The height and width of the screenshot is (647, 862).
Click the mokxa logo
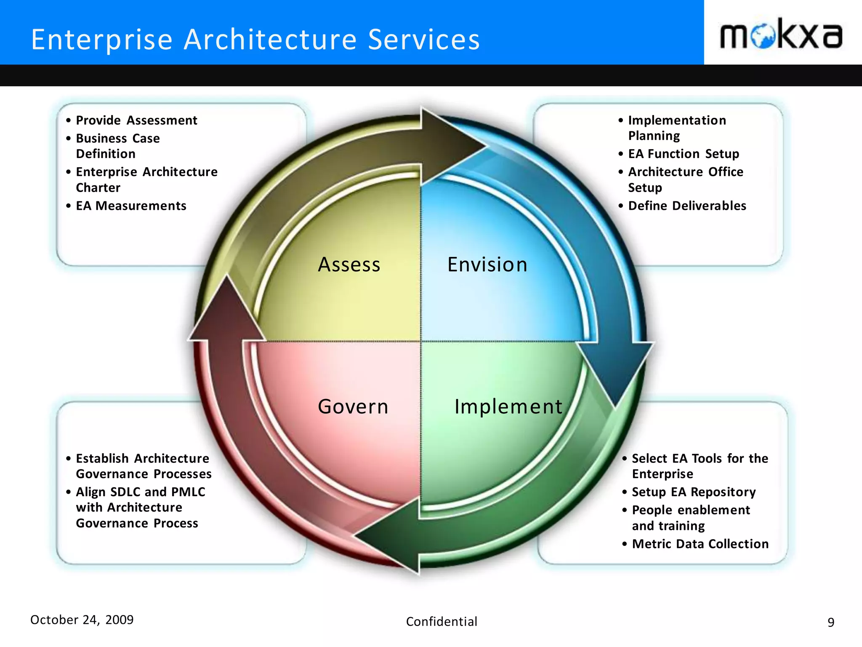781,34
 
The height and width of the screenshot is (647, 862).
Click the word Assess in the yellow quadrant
349,265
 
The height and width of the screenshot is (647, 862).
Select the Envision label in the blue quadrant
487,265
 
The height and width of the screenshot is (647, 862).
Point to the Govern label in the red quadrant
353,407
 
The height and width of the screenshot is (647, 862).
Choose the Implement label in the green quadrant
508,407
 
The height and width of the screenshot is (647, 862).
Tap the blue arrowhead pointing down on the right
615,371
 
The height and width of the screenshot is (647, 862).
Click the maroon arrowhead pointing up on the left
227,312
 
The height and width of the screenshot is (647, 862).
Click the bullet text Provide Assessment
136,120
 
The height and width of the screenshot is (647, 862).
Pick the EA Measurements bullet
131,206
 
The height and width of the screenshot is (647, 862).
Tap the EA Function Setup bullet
683,154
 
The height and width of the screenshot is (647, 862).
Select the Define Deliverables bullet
687,206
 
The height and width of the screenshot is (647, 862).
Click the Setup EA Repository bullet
694,492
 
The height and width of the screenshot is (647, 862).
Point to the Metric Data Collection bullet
700,544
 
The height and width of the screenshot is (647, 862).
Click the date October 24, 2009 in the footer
82,620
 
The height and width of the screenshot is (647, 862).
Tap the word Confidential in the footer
442,622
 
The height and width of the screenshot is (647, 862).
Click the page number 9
830,622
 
